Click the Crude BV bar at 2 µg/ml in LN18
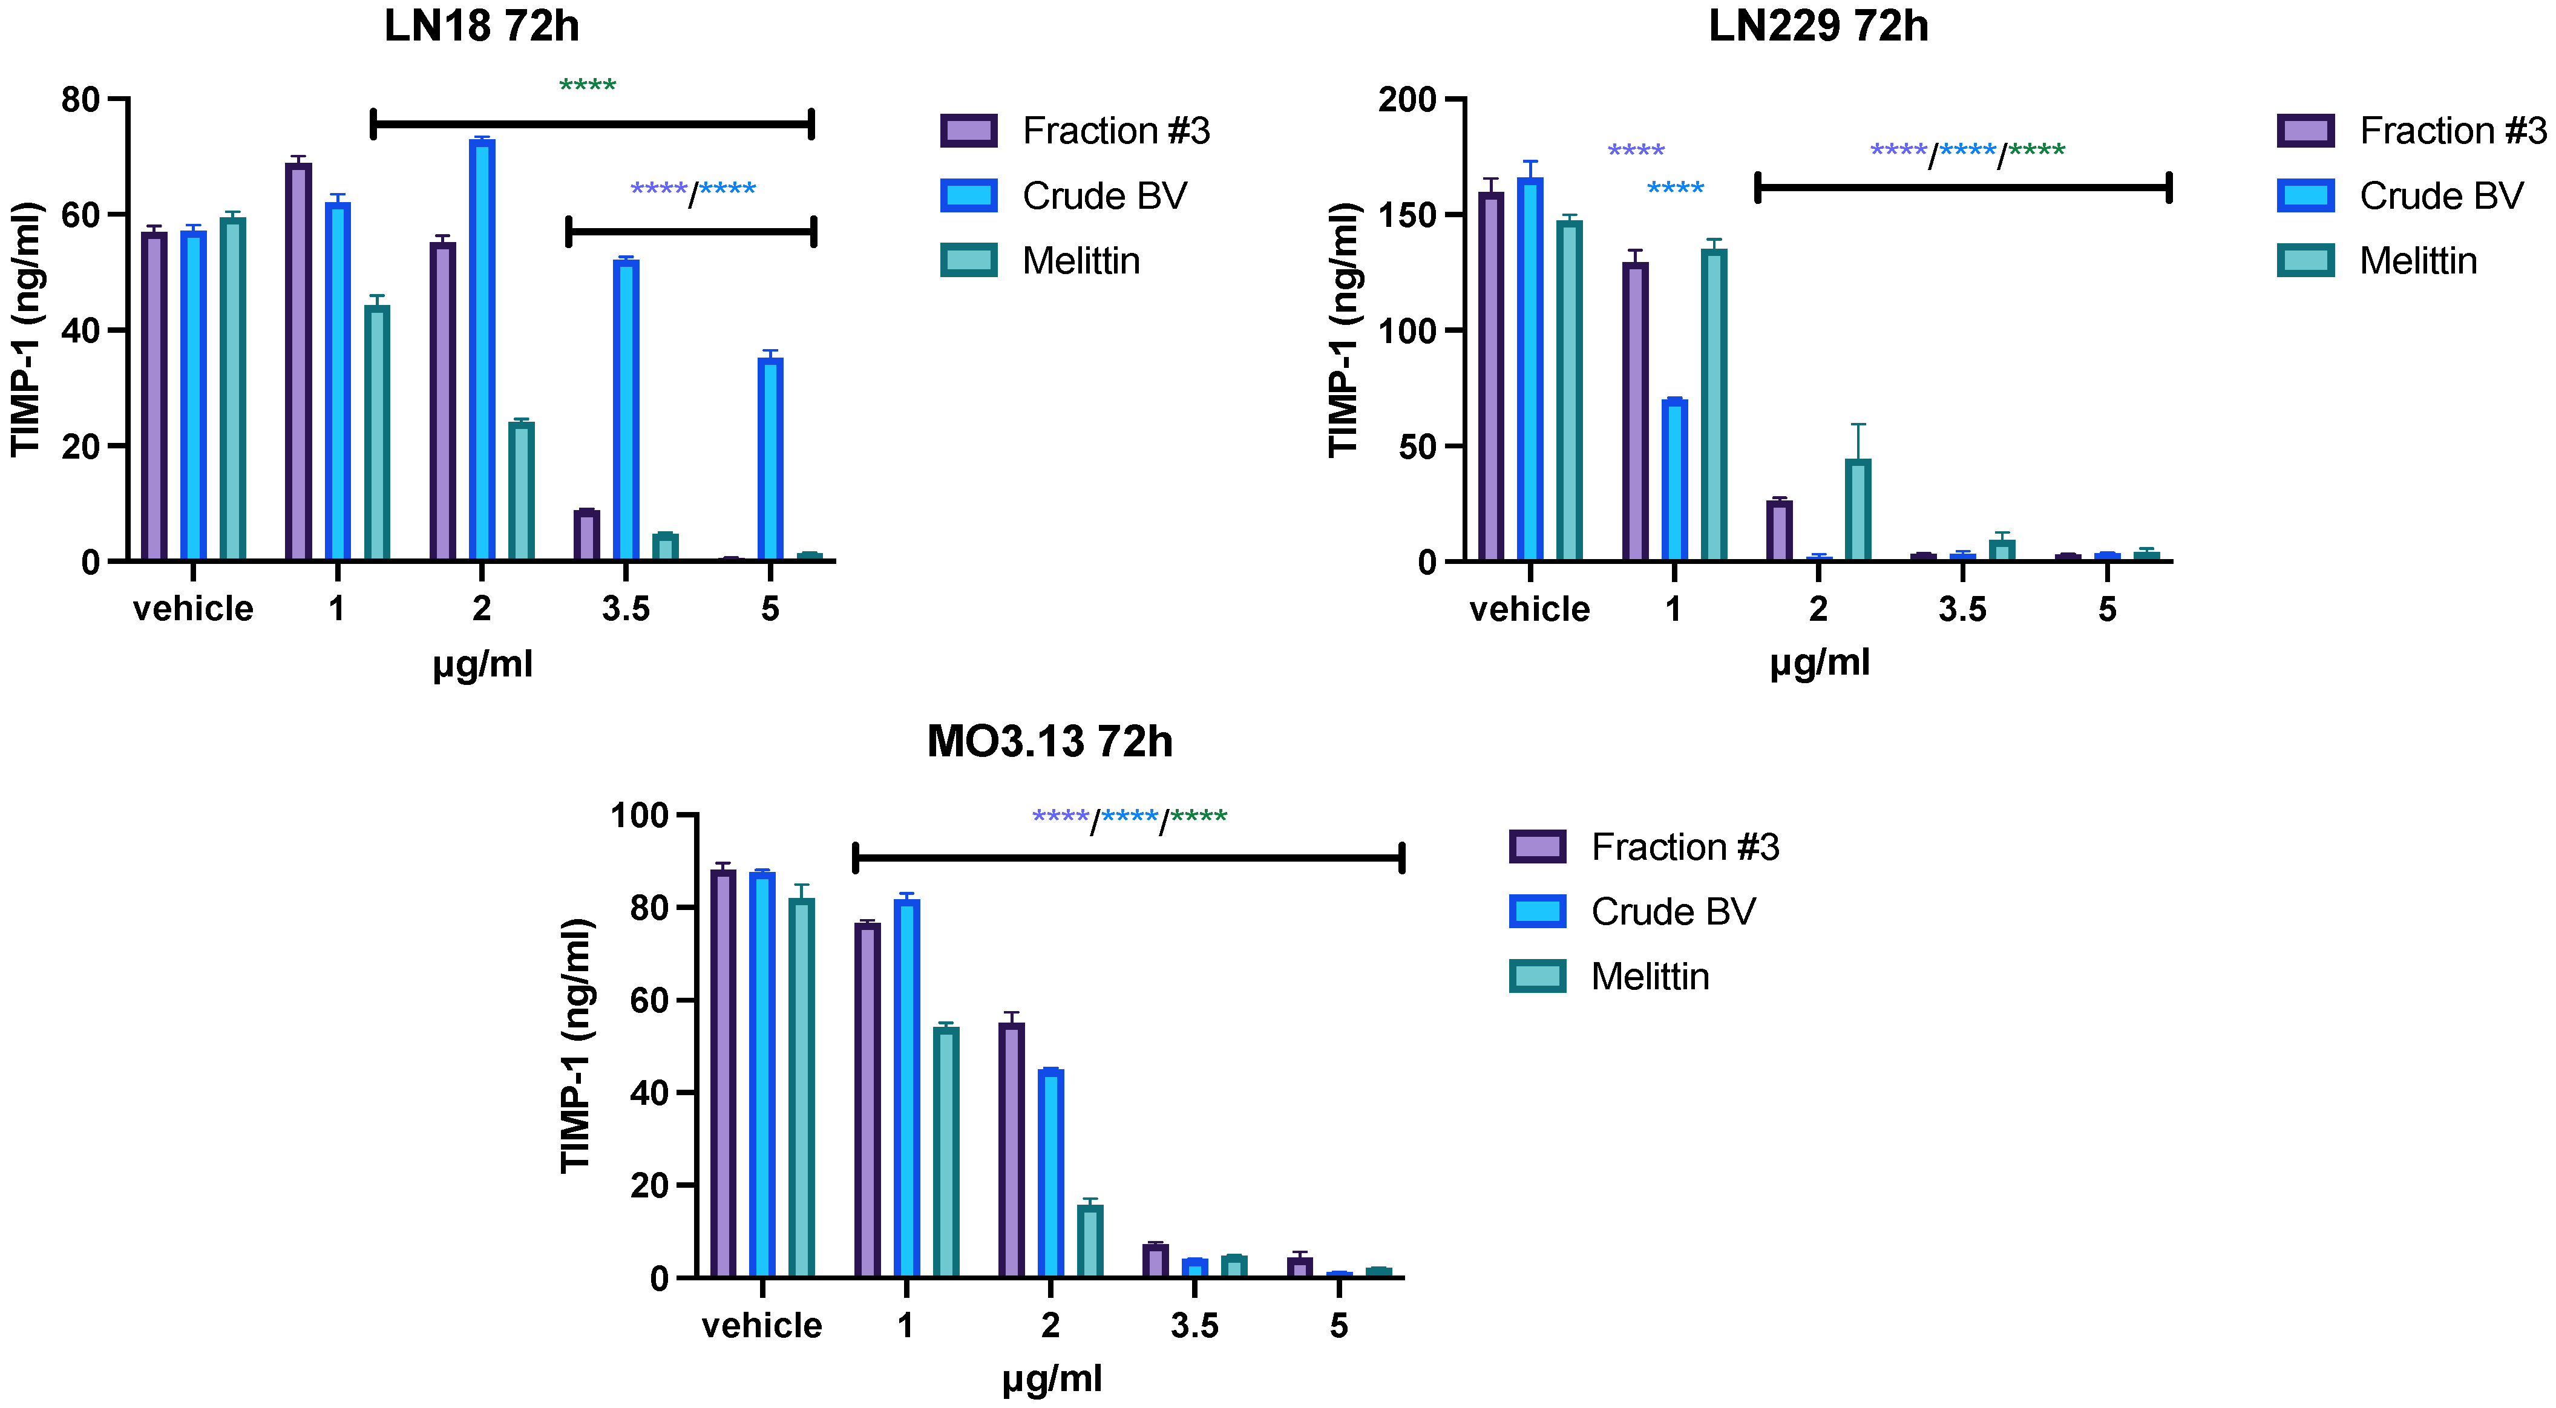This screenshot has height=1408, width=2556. pos(482,349)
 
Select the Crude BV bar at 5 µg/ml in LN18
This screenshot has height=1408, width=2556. pos(770,459)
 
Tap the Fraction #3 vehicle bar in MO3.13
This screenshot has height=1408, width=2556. pos(723,1073)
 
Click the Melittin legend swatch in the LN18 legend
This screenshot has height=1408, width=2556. pos(968,260)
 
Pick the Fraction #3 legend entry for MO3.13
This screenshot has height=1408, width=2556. pos(1684,846)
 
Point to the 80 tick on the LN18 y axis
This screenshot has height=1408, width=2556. pos(80,99)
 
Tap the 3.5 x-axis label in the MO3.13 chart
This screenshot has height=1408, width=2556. pos(1194,1325)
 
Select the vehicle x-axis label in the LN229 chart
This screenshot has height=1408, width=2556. pos(1529,608)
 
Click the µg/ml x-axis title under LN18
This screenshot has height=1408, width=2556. pos(482,663)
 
